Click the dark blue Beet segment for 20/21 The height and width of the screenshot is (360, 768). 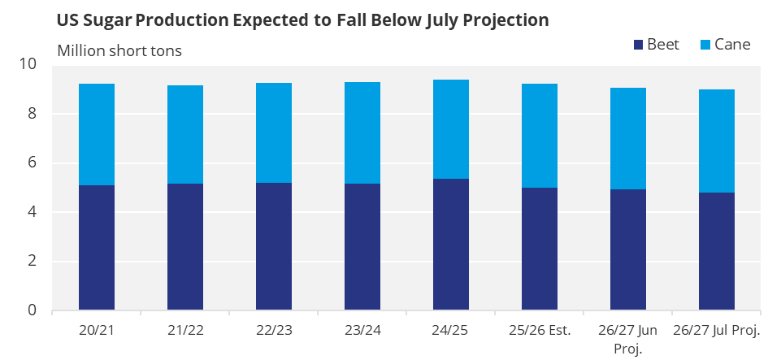[97, 247]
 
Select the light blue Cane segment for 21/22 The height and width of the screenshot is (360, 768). [185, 135]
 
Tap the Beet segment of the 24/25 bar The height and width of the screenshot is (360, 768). [450, 245]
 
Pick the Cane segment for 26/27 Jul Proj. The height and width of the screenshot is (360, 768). [717, 141]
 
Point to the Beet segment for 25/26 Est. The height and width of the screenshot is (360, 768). [540, 249]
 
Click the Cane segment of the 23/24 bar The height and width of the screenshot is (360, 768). [362, 132]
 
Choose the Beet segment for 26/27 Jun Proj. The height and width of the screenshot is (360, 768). [628, 249]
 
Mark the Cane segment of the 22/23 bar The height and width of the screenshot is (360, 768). [274, 132]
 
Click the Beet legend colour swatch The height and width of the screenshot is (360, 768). [638, 45]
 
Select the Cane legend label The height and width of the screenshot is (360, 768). [732, 45]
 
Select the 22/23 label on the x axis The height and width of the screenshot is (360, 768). [274, 330]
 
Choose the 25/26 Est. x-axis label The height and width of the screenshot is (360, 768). [540, 330]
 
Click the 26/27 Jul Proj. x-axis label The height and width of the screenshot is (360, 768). [717, 330]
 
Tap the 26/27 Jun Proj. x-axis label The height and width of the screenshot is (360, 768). [628, 339]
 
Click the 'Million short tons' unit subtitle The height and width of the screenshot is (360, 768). [119, 51]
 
